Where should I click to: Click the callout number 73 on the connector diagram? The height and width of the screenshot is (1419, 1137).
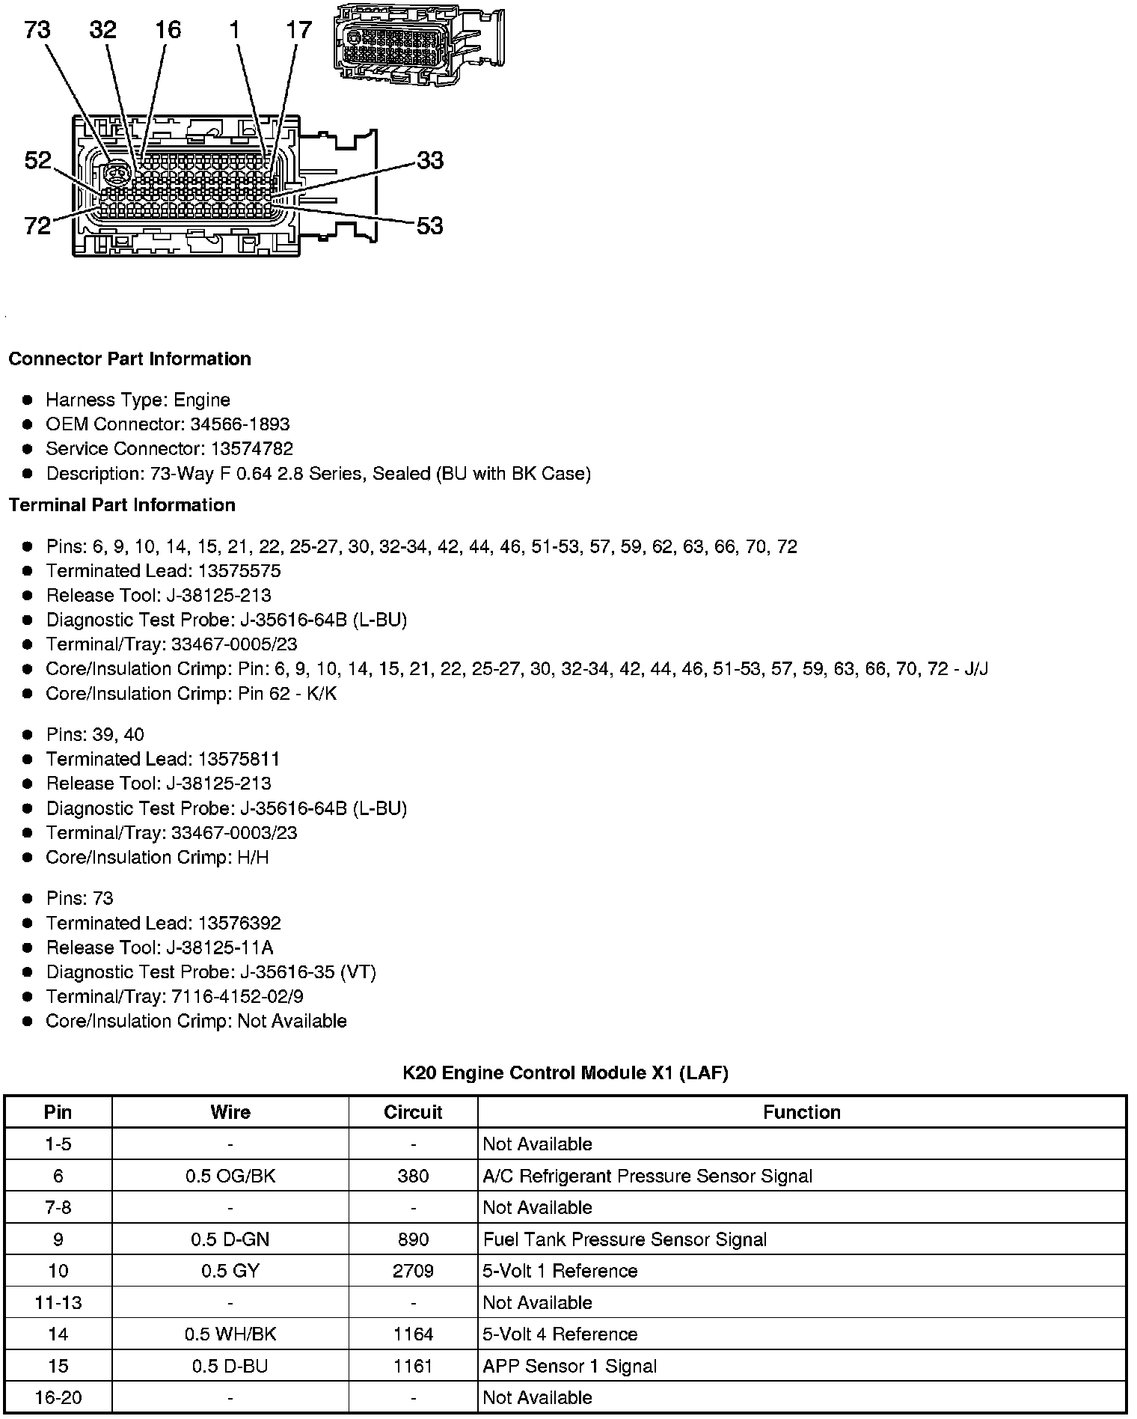[x=37, y=30]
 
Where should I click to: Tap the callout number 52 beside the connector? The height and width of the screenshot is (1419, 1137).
[x=37, y=160]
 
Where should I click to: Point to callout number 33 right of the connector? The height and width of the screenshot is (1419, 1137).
[x=430, y=160]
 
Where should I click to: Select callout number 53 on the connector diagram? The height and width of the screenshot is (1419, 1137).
[x=429, y=225]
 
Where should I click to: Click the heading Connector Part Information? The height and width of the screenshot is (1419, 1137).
[x=129, y=359]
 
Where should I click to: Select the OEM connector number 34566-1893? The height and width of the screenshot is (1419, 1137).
[x=239, y=424]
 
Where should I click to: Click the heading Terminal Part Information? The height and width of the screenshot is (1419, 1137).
[x=122, y=505]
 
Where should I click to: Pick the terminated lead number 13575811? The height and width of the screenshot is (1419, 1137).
[x=239, y=759]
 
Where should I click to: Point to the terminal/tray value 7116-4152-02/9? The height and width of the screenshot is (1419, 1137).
[x=237, y=997]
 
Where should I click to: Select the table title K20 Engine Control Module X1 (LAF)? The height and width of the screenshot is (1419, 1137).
[x=565, y=1073]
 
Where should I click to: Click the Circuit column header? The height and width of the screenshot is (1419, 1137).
[x=413, y=1112]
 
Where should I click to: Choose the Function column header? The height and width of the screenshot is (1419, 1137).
[x=801, y=1112]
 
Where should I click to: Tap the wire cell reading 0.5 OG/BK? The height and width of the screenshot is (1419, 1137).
[x=230, y=1176]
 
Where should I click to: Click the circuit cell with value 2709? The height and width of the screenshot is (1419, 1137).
[x=413, y=1271]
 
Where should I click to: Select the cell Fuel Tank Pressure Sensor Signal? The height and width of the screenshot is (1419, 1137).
[x=625, y=1239]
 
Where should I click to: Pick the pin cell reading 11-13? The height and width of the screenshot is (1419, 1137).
[x=58, y=1302]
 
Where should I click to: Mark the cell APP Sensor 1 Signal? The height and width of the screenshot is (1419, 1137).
[x=569, y=1366]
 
